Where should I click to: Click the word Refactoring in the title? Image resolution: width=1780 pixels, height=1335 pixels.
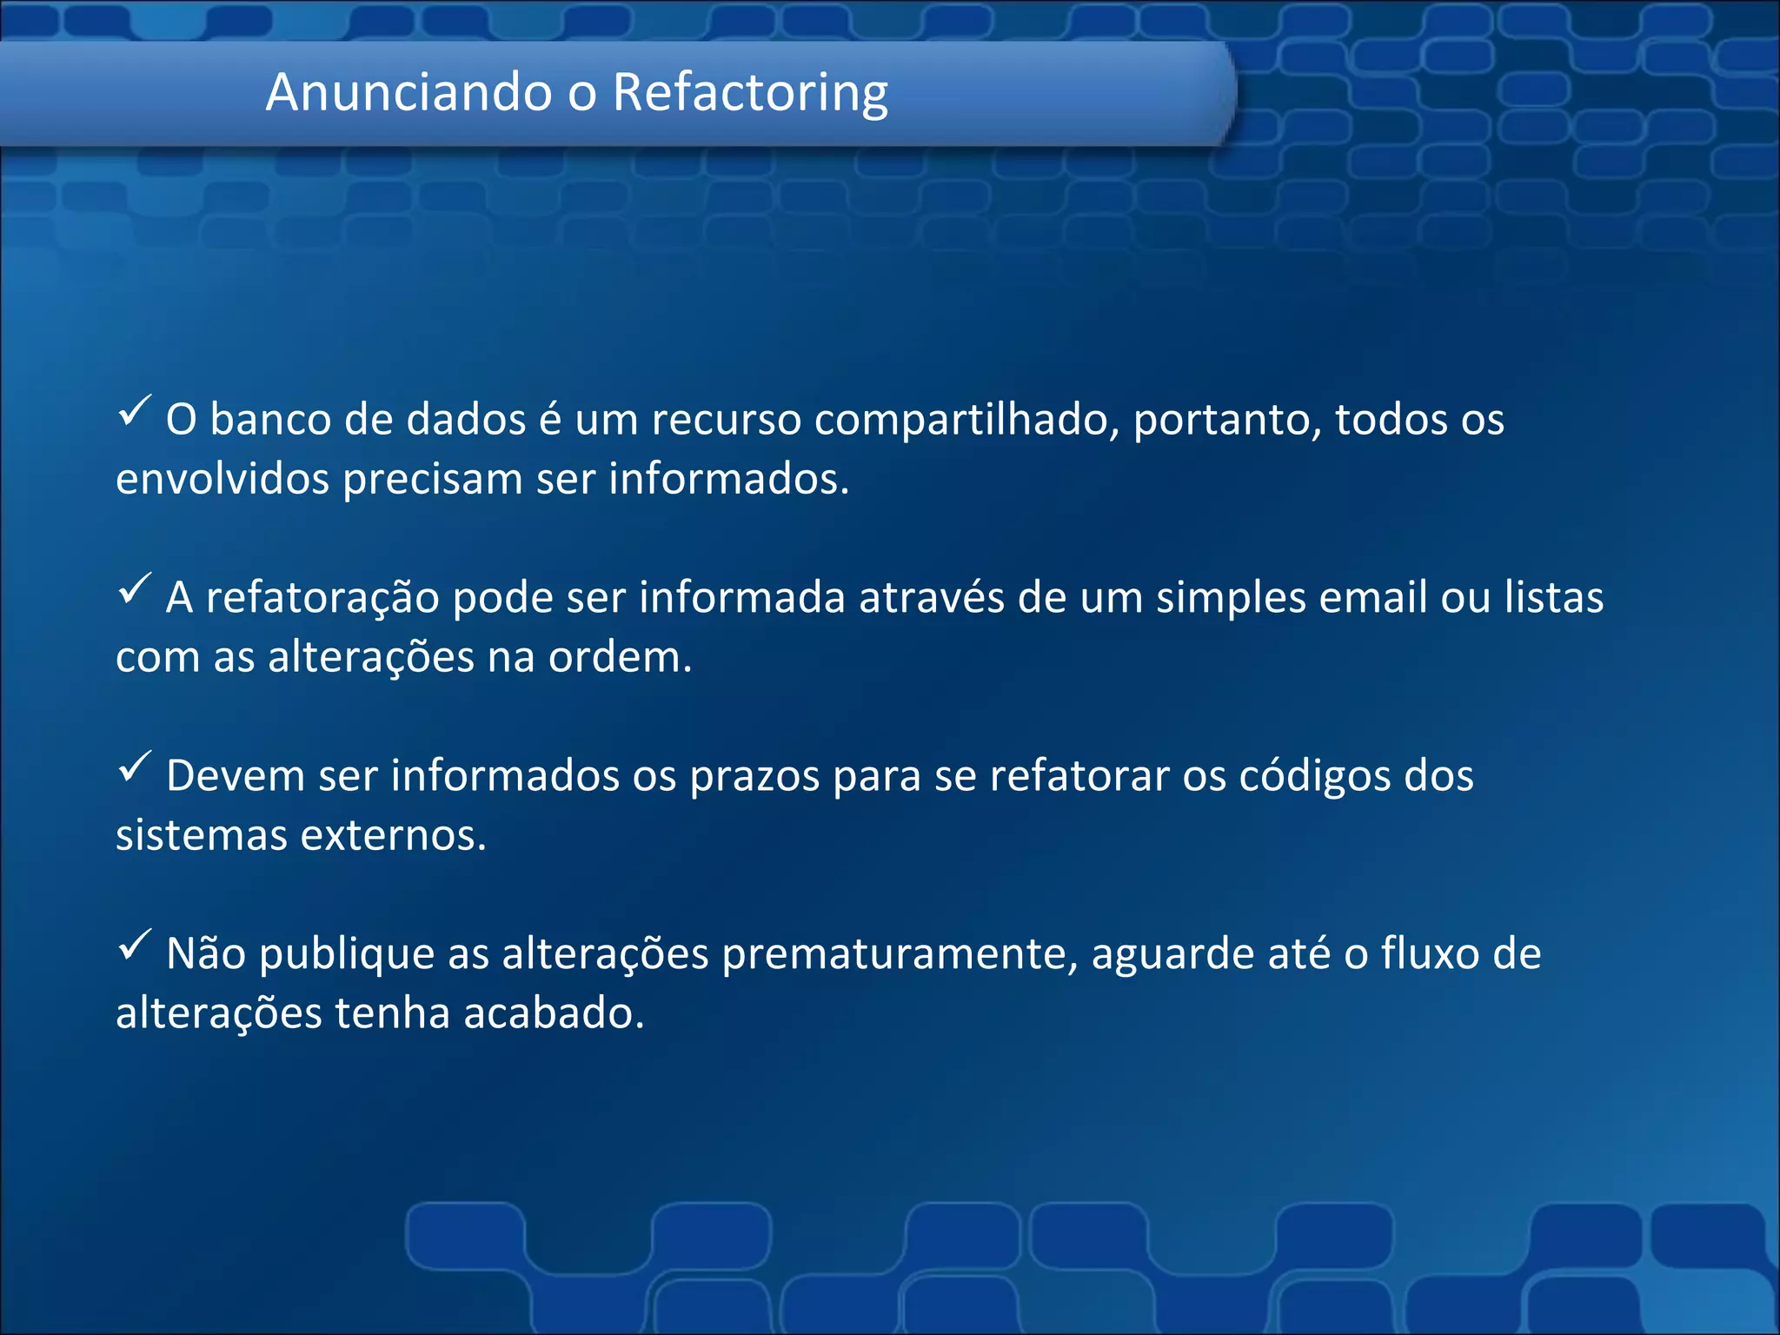click(750, 93)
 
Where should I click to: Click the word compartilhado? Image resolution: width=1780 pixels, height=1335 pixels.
click(966, 421)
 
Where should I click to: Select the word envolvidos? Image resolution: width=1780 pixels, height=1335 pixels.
click(222, 479)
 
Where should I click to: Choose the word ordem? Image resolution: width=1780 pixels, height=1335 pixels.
click(620, 657)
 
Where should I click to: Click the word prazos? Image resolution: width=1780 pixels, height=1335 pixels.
click(754, 777)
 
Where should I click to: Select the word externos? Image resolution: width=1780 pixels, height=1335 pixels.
click(393, 835)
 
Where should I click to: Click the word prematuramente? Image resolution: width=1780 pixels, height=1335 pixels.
click(900, 954)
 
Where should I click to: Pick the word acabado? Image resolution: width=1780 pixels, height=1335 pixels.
click(554, 1013)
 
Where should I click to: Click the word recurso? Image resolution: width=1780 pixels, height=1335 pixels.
click(726, 421)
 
